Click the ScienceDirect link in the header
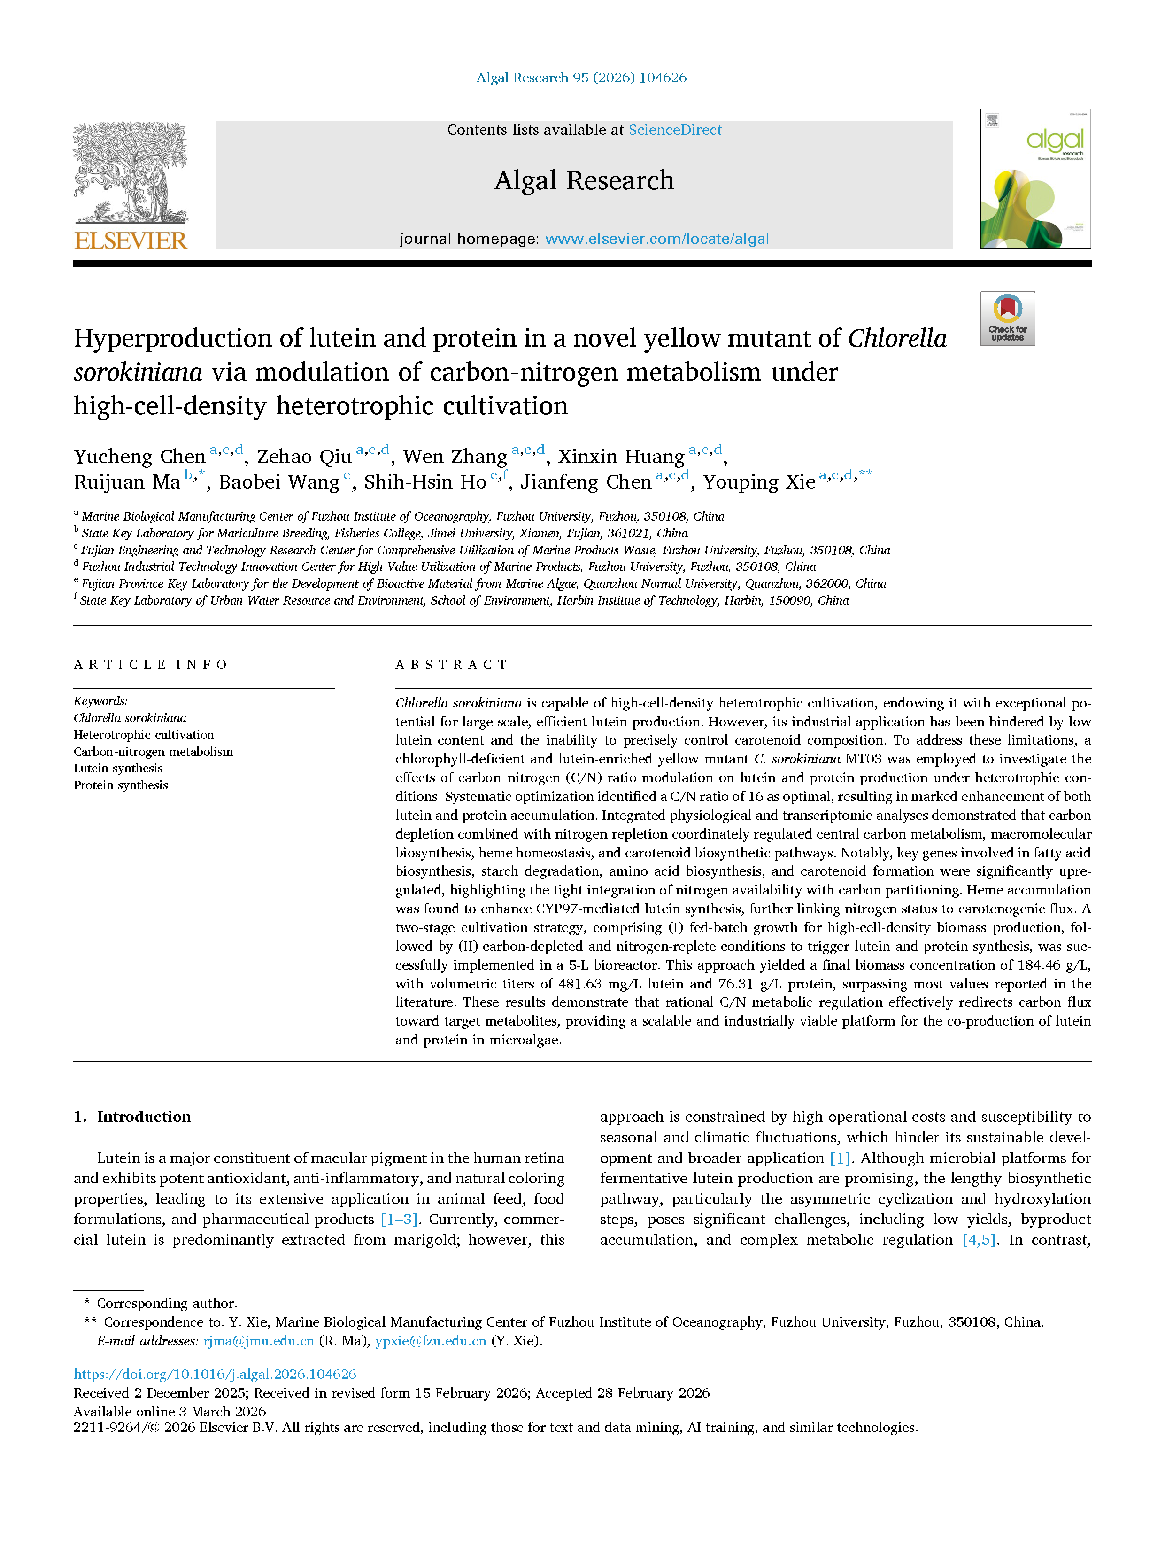coord(674,130)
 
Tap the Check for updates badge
coord(1007,318)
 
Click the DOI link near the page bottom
coord(215,1374)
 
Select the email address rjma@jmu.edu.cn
coord(258,1340)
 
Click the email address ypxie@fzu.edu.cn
coord(431,1340)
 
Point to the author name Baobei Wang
coord(279,482)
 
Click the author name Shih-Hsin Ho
coord(425,482)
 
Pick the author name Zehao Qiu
coord(304,457)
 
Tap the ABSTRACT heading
coord(452,665)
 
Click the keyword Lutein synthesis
coord(118,768)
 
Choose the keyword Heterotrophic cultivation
coord(144,734)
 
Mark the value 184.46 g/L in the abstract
coord(1049,964)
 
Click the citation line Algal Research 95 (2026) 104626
coord(581,78)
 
